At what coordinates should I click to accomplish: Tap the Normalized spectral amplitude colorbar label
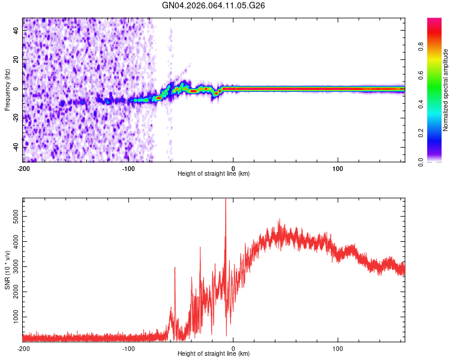tap(445, 90)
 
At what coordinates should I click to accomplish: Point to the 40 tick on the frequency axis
tap(16, 29)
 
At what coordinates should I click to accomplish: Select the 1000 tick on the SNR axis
tap(13, 316)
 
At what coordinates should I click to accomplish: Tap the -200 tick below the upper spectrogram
tap(23, 167)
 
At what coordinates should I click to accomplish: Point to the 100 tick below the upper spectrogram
tap(338, 167)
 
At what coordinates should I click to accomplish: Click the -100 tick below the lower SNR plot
tap(128, 349)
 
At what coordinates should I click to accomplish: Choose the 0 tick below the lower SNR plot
tap(233, 349)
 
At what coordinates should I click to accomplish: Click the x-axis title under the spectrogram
tap(214, 173)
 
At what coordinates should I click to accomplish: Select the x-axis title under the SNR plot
tap(214, 354)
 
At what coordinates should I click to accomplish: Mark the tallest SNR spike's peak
tap(226, 200)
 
